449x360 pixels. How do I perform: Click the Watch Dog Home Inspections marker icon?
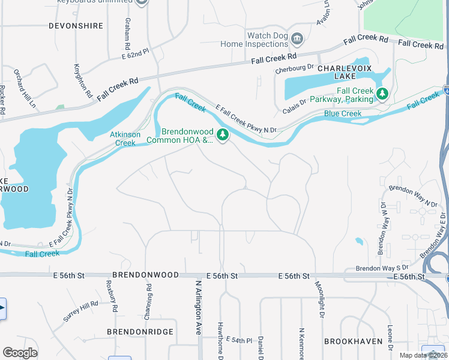coord(297,40)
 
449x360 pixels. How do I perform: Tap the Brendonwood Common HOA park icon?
coord(223,135)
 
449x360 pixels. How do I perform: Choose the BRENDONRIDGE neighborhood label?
coord(140,331)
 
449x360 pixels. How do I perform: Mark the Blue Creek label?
coord(343,113)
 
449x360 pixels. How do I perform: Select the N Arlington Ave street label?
coord(198,307)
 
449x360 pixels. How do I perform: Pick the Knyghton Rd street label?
coord(83,80)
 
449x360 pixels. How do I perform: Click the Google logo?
coord(20,353)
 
